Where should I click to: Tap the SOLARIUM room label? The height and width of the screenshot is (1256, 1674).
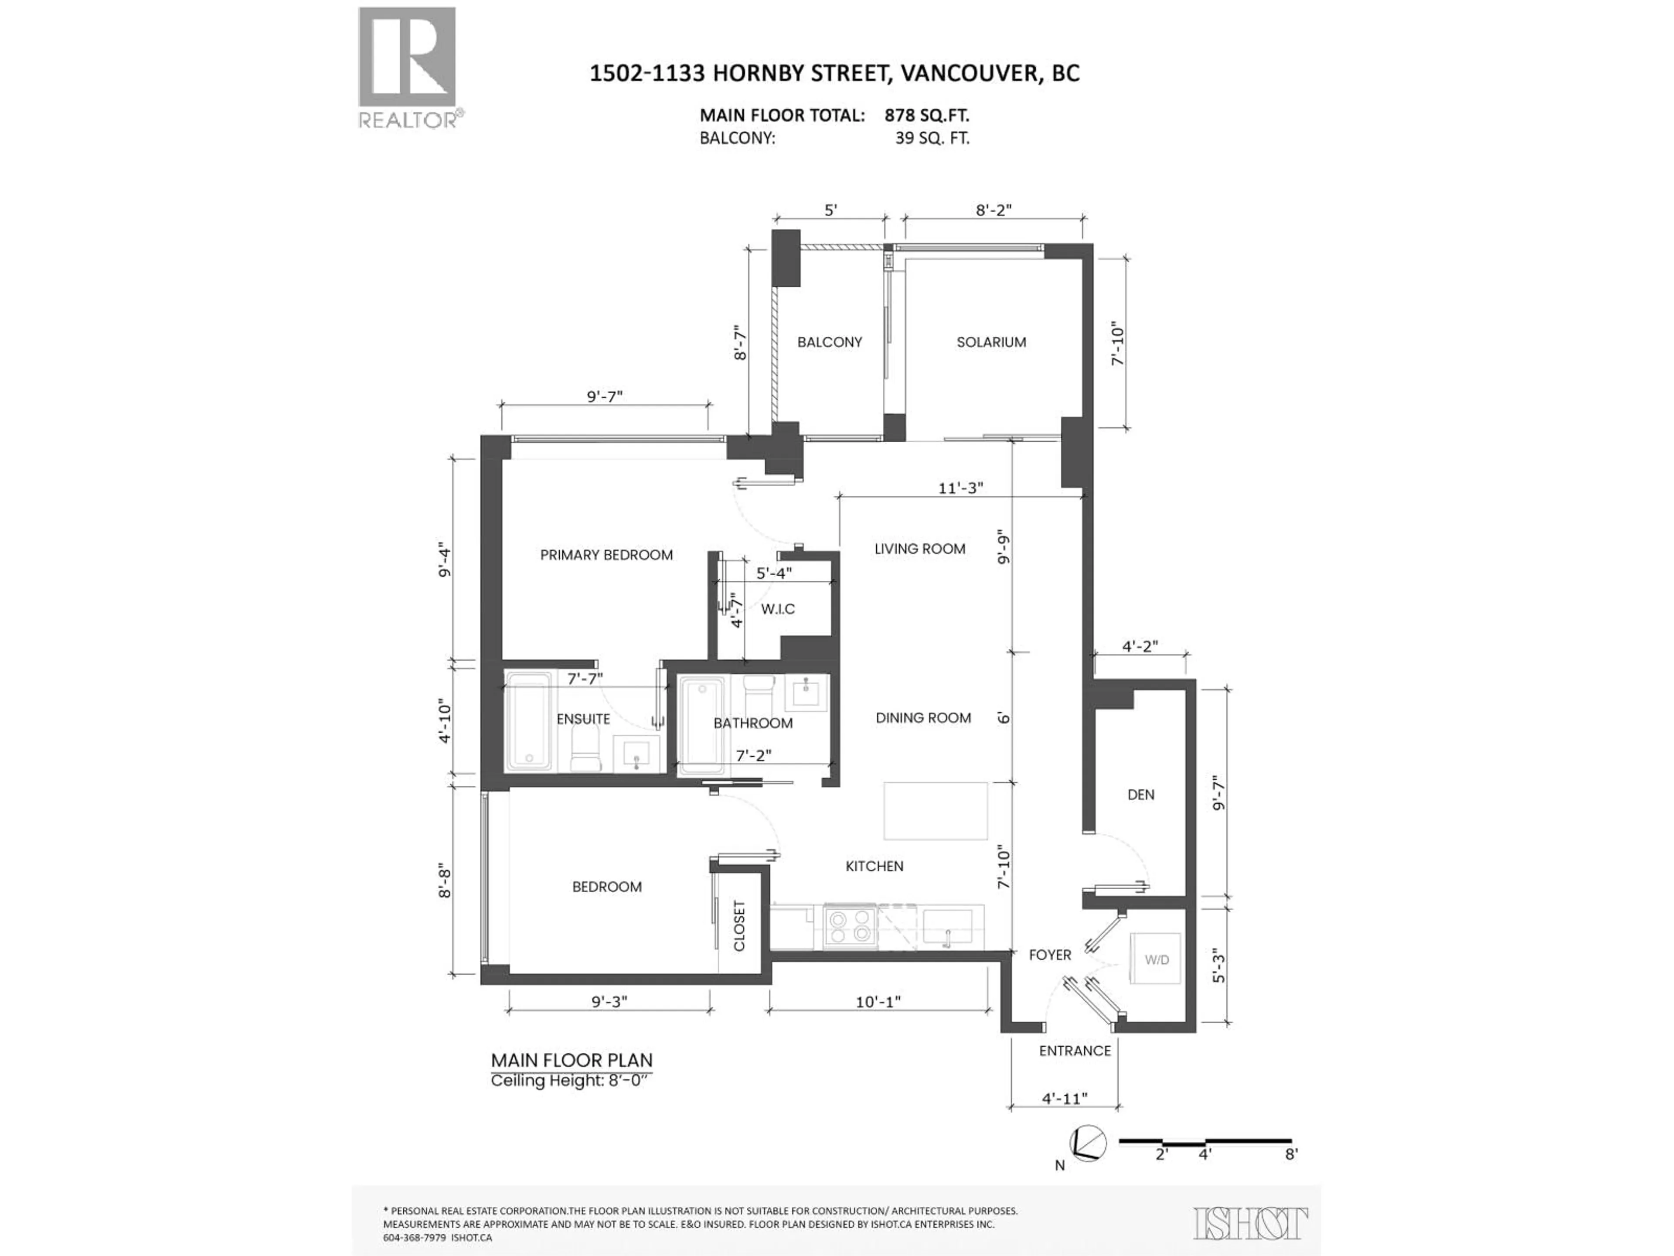click(990, 342)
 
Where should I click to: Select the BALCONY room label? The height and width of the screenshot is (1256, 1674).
click(830, 342)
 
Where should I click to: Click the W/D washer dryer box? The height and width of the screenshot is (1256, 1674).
click(1156, 959)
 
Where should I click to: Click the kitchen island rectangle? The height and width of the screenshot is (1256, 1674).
click(936, 811)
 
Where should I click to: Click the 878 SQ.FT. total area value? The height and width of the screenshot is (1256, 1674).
click(926, 116)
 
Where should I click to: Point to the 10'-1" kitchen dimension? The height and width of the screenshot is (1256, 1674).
click(878, 1002)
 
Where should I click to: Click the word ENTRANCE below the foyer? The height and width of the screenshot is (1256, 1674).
click(1075, 1051)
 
